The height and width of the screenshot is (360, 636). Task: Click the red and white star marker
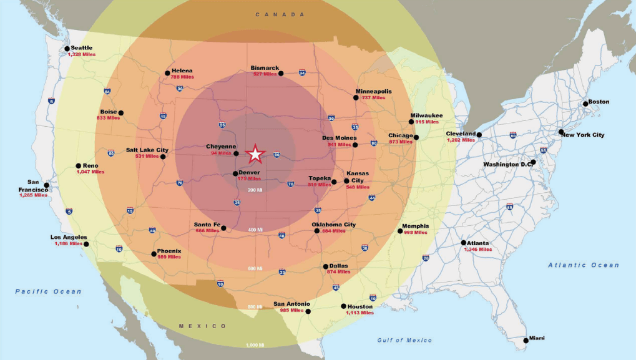point(255,153)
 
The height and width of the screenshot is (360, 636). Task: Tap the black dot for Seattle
point(67,49)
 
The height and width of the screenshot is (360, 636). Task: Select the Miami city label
point(536,338)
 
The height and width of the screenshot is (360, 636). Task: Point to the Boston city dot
point(585,104)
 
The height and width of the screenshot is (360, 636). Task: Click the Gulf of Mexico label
point(404,340)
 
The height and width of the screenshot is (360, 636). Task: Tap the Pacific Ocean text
point(48,291)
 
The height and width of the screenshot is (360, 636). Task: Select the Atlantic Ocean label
point(584,265)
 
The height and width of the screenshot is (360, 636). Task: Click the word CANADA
point(280,14)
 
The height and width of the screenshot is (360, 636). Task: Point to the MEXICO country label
point(203,326)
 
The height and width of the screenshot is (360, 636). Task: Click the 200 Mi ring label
point(255,190)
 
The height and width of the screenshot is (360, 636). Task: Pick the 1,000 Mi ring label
point(255,345)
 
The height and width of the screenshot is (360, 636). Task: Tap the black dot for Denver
point(235,173)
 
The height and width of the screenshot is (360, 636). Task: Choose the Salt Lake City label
point(147,150)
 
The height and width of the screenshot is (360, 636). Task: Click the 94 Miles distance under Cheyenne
point(221,153)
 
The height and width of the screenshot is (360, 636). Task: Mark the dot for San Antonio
point(308,311)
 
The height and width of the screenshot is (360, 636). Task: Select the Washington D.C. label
point(506,165)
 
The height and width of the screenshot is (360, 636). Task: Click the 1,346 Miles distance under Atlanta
point(477,249)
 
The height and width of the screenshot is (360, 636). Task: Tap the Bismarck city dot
point(281,74)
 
